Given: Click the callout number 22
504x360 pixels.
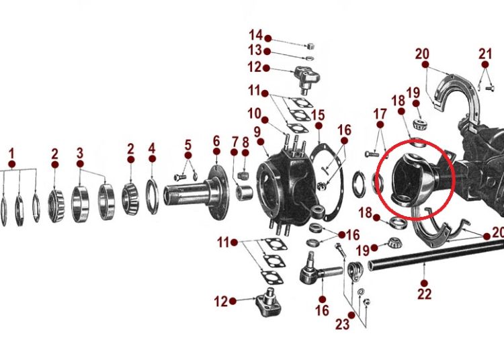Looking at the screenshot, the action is pos(424,294).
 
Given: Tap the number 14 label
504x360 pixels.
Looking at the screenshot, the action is pos(256,35).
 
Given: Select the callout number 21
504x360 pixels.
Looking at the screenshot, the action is pos(485,54).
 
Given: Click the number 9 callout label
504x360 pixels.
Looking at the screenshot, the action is pos(257,132).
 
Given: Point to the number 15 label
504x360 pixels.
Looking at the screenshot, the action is pos(318,115).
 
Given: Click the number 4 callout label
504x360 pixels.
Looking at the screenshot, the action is pos(152,148).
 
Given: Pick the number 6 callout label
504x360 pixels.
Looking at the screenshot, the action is pos(216,141).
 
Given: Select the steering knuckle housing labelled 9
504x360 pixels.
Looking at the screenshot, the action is pos(285,188).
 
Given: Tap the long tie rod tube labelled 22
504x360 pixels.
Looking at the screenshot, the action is pos(435,255).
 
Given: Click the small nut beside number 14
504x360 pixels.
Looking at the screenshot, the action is pos(310,46).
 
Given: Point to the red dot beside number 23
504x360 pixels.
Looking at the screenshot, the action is pos(351,316).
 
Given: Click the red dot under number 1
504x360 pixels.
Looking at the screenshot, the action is pos(12,165).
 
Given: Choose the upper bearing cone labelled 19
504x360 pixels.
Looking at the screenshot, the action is pos(420,124).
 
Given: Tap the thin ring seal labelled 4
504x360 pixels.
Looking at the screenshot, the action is pos(152,197).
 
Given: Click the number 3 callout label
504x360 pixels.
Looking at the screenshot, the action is pos(80,153).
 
